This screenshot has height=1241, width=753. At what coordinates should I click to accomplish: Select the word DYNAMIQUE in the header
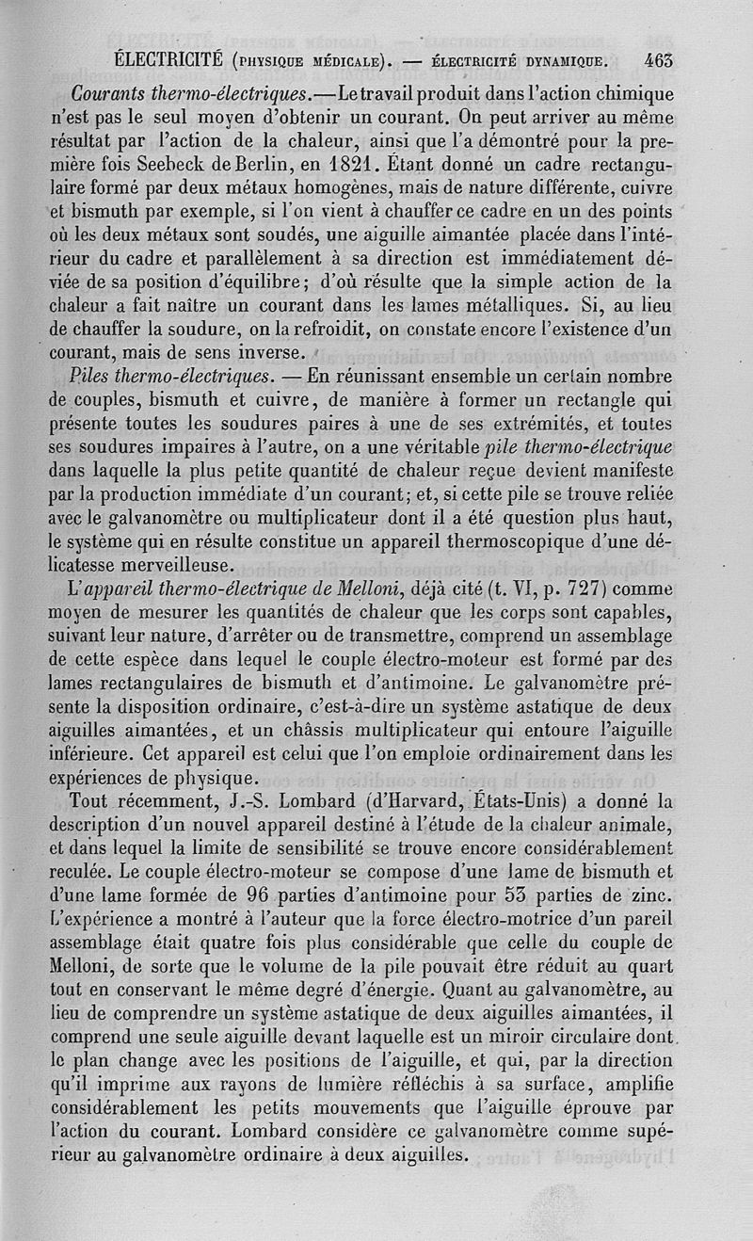point(561,63)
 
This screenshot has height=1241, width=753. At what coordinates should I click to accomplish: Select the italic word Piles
point(92,376)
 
